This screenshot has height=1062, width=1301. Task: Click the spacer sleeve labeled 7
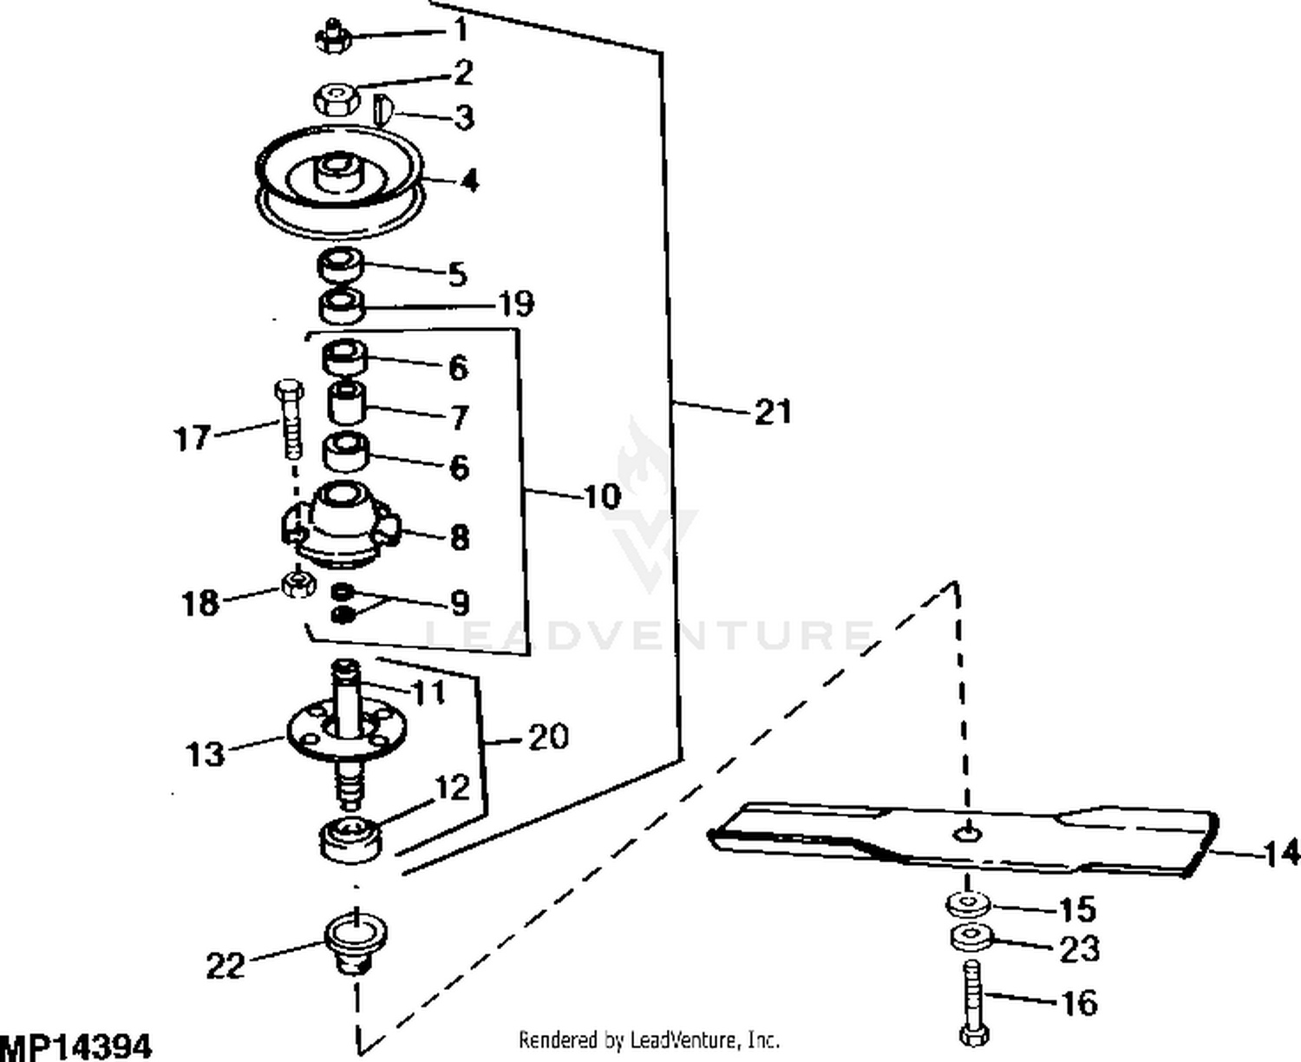pyautogui.click(x=347, y=403)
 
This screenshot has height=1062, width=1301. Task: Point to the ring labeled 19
pyautogui.click(x=342, y=305)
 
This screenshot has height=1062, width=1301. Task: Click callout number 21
pyautogui.click(x=773, y=410)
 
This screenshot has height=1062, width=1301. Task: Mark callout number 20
pyautogui.click(x=548, y=737)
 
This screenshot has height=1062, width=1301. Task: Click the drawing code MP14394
pyautogui.click(x=76, y=1046)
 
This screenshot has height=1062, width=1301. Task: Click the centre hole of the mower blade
pyautogui.click(x=965, y=833)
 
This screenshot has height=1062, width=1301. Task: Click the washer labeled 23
pyautogui.click(x=970, y=938)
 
